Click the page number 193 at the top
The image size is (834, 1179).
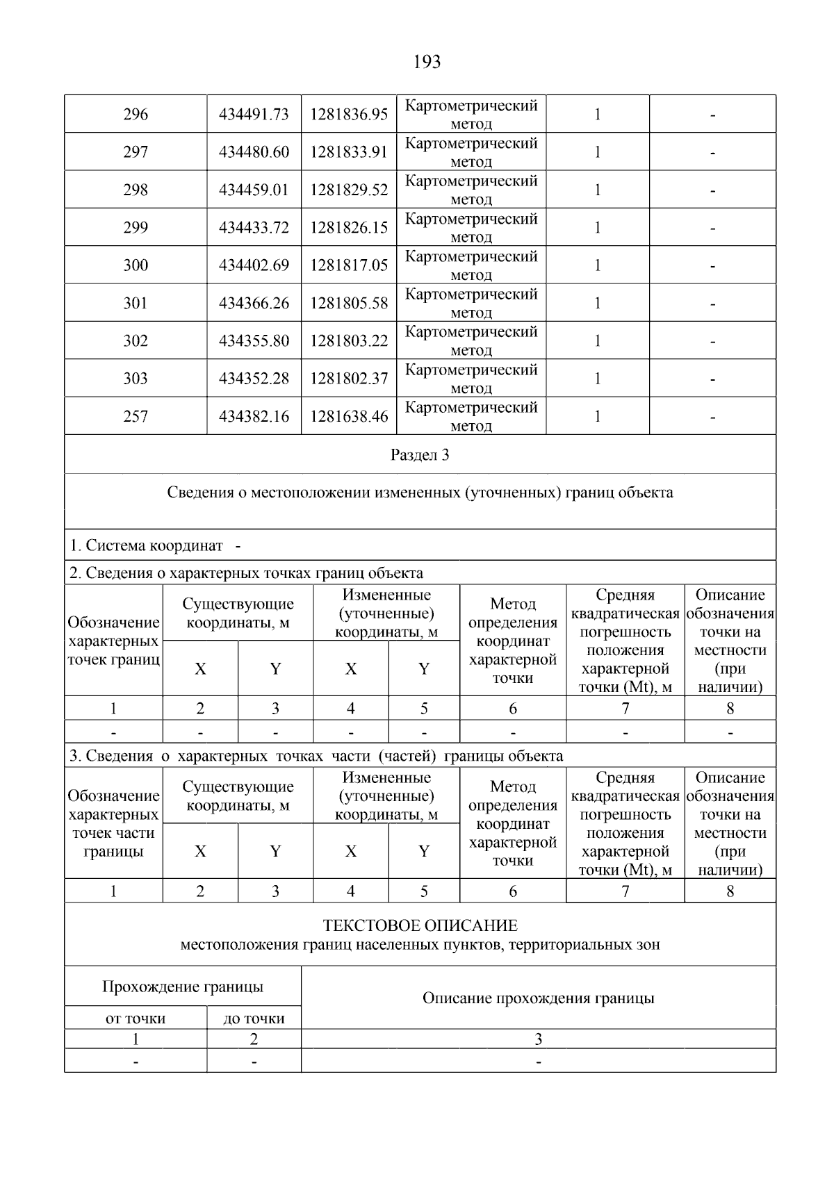427,63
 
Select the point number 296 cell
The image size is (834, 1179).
136,115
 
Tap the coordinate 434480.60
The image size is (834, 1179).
254,152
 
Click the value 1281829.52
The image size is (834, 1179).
349,190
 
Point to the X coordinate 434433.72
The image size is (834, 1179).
254,228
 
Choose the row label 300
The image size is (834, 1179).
136,265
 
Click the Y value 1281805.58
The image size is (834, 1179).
349,303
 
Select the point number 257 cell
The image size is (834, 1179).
136,416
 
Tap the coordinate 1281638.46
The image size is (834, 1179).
349,416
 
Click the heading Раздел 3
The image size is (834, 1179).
420,455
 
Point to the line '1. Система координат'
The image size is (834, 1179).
147,545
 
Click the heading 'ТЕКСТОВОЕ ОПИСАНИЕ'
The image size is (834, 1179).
420,925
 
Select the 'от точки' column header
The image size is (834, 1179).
136,1019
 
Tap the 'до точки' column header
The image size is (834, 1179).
254,1019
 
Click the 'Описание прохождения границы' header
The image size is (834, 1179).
538,998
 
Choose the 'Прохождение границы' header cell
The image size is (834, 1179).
183,987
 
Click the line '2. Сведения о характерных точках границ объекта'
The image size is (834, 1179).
246,573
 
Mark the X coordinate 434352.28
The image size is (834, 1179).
254,379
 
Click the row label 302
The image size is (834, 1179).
136,340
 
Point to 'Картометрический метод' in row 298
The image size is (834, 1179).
471,190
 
